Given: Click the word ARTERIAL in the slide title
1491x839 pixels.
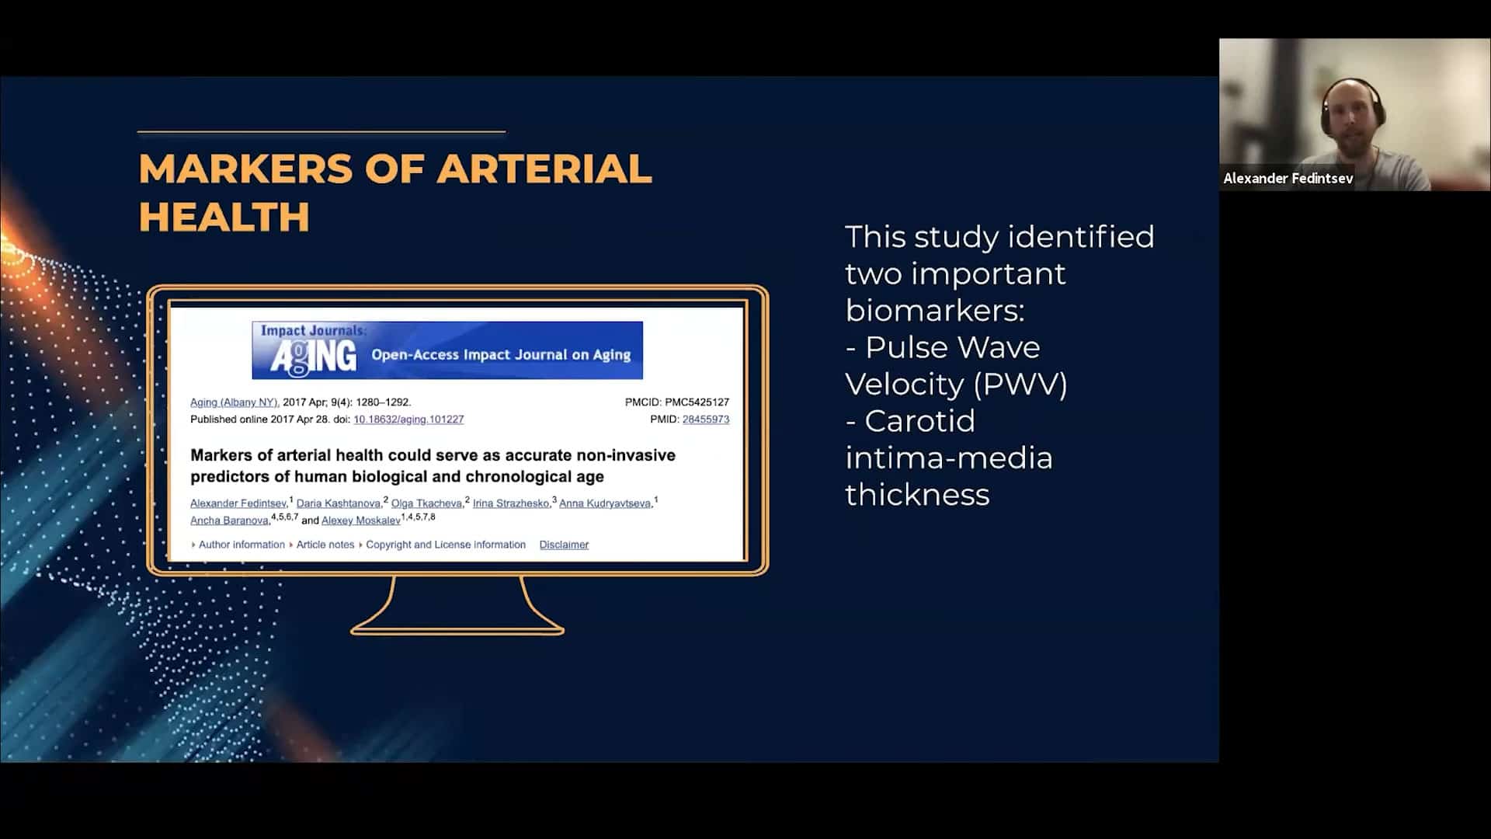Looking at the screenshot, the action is [544, 169].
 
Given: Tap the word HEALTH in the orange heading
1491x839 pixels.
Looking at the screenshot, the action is [224, 217].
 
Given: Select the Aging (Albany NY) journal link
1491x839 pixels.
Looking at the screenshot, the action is [235, 402].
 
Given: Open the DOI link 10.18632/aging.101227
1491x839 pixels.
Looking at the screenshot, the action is [408, 419].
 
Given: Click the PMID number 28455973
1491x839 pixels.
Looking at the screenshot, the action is [706, 419].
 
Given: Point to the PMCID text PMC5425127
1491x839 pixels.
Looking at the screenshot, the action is [697, 402].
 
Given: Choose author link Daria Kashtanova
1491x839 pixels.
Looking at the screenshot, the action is [339, 503].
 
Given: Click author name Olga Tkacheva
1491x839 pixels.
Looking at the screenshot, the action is [426, 503].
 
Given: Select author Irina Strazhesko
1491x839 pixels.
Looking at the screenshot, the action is [511, 503].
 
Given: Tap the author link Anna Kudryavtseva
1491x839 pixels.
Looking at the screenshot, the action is [605, 503].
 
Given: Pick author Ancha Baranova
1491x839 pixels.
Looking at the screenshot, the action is [229, 520].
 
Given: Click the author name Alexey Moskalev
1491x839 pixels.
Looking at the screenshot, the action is [361, 520].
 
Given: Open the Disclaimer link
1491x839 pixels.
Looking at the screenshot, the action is [564, 545].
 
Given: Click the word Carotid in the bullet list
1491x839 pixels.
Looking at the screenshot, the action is [919, 421].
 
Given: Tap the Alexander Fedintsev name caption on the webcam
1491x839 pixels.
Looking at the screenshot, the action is [1288, 179].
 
